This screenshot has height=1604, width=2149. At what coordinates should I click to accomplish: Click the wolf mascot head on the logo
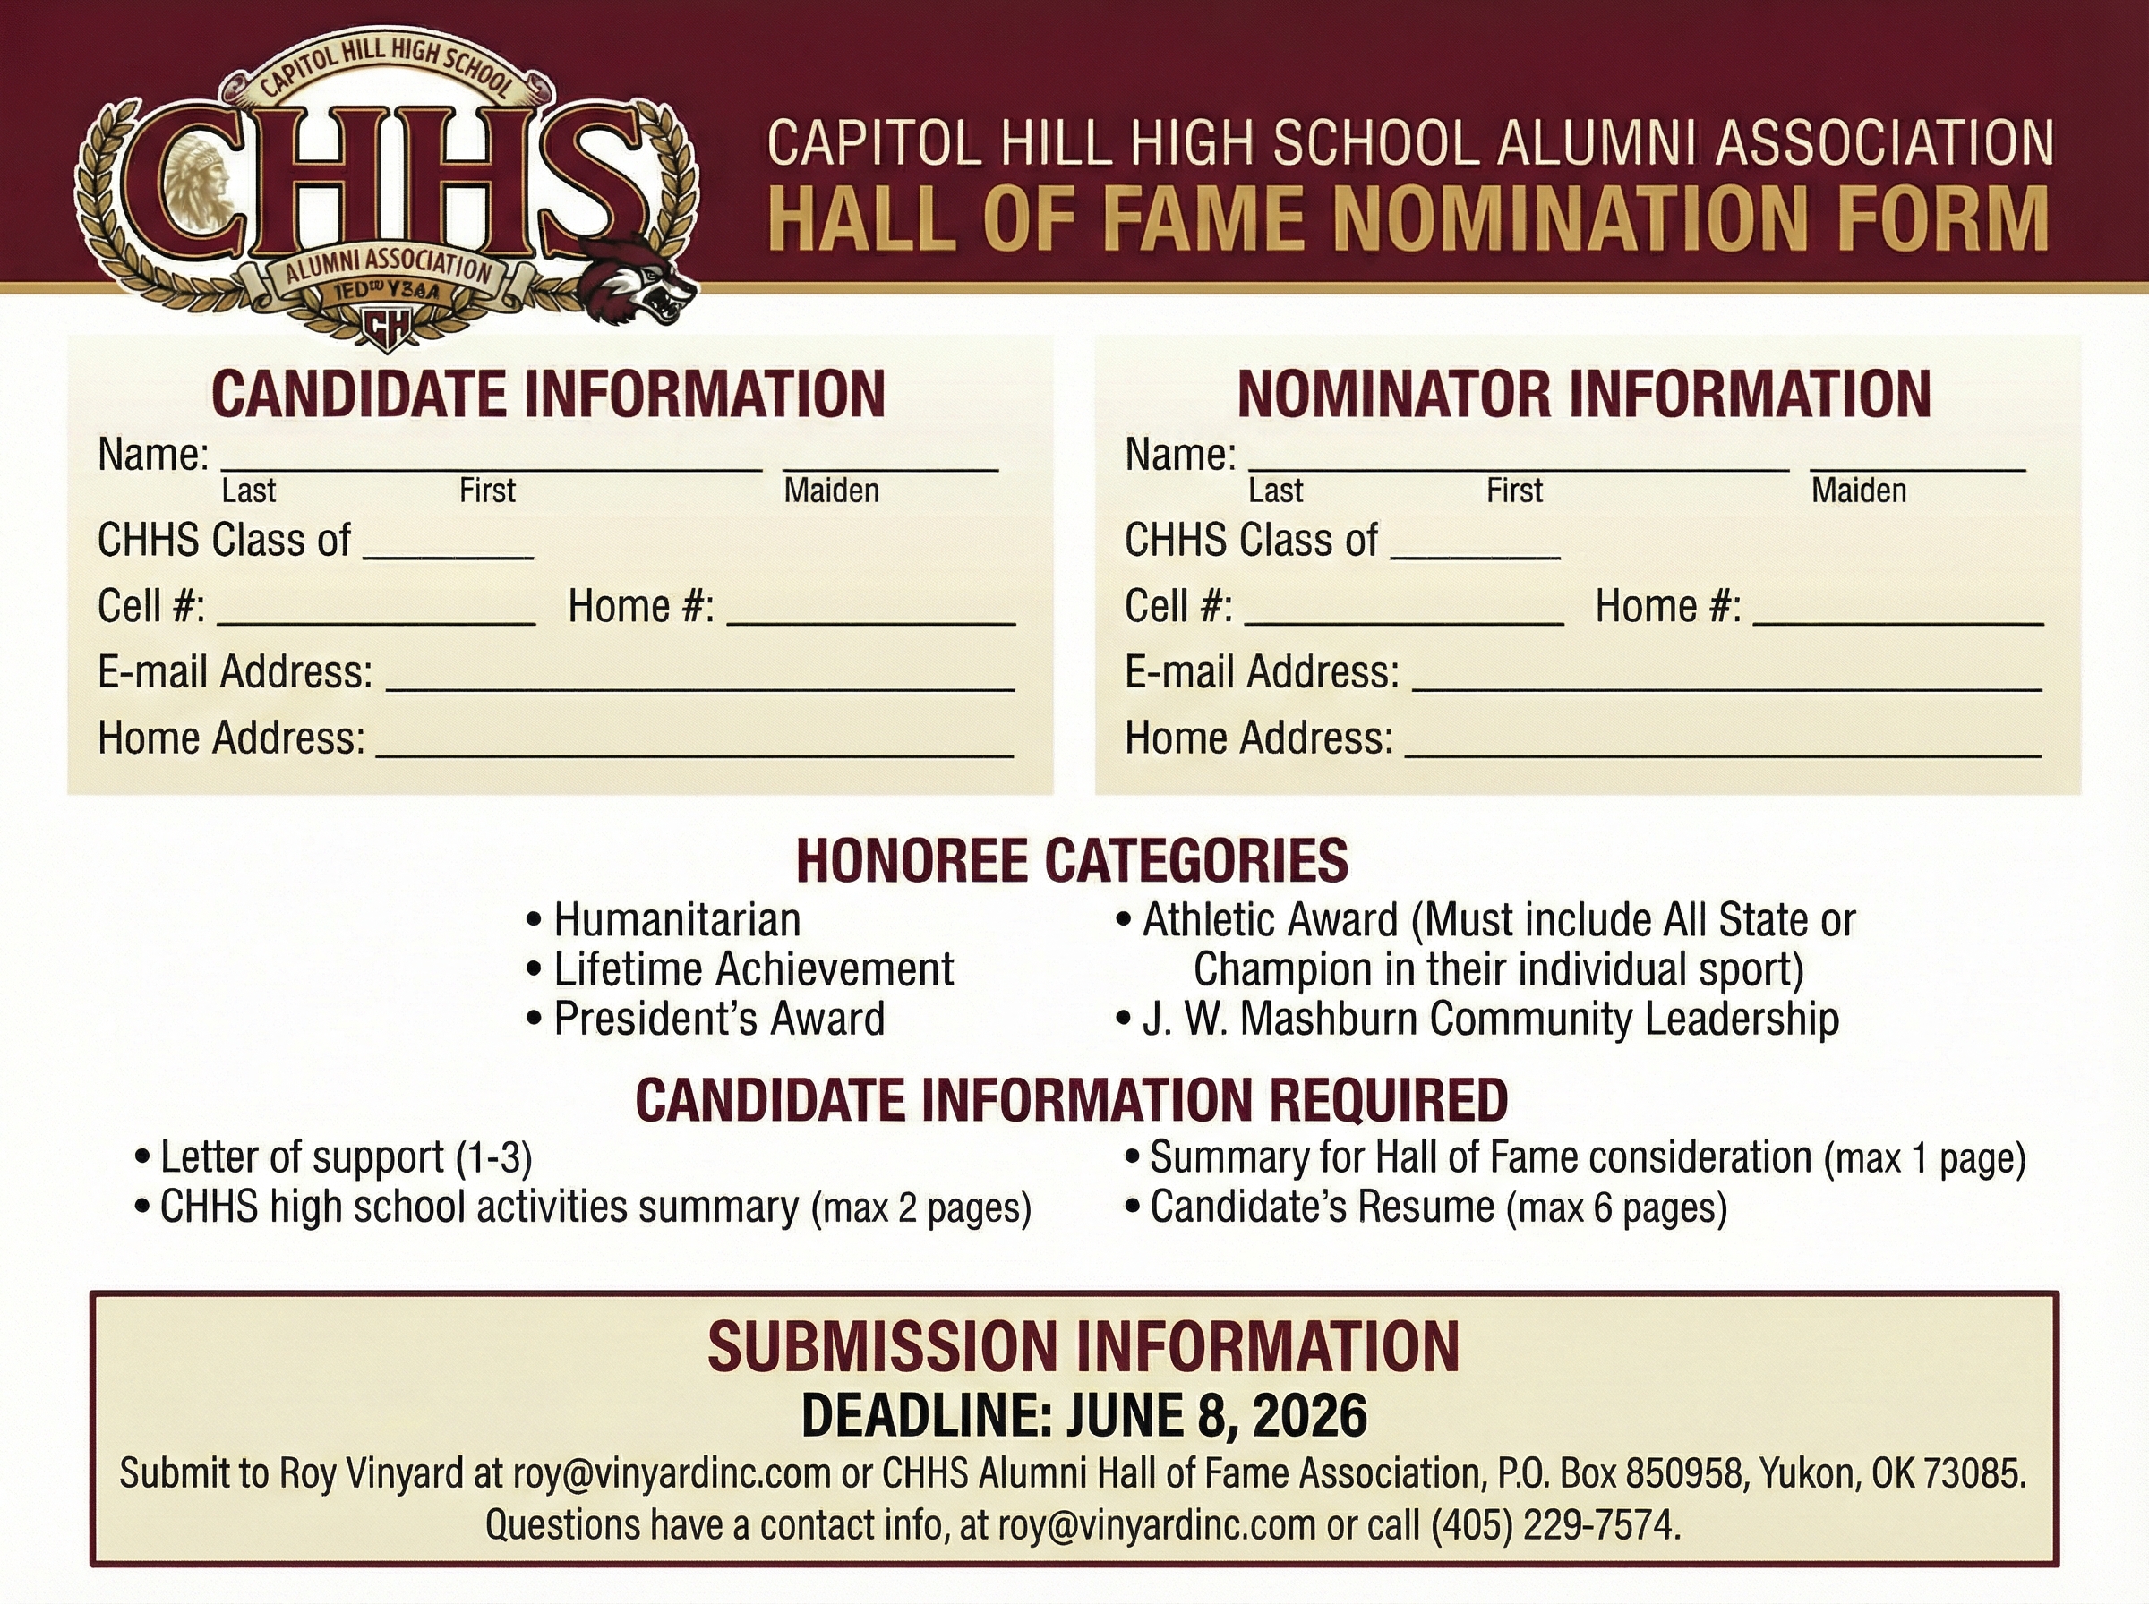(x=637, y=283)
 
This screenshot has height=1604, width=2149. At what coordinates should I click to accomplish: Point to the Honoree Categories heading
(x=1072, y=860)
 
